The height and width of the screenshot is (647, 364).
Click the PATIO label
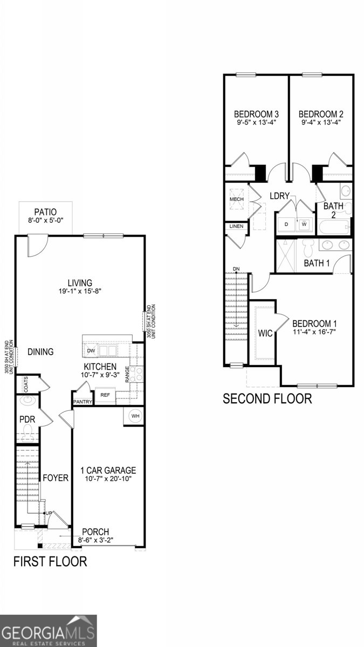click(45, 212)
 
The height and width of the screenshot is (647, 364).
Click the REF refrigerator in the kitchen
click(105, 395)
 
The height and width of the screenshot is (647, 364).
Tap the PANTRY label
click(83, 402)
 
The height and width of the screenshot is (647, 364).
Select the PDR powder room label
click(27, 419)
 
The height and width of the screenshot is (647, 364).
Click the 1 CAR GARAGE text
click(108, 470)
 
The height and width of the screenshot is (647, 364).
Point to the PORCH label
click(95, 531)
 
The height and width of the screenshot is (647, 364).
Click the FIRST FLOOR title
click(50, 561)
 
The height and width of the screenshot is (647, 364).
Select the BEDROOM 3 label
click(256, 114)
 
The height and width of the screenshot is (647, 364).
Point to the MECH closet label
click(237, 199)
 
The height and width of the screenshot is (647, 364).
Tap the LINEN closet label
click(236, 226)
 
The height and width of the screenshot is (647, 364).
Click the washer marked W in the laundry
click(304, 224)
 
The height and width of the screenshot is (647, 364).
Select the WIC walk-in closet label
click(265, 333)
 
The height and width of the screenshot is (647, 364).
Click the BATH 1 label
click(316, 263)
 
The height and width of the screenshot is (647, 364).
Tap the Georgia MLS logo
click(49, 631)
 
